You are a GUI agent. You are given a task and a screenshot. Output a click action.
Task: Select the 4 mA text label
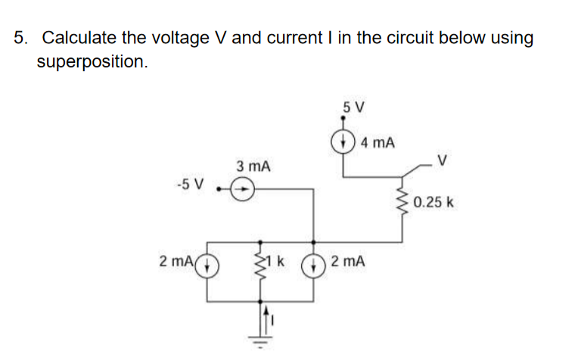coord(378,142)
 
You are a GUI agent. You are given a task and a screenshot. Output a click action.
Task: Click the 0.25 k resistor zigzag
coord(400,202)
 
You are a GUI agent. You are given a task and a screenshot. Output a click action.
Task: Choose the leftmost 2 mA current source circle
coord(209,268)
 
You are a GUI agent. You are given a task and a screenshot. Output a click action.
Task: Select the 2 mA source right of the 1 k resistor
coord(312,268)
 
